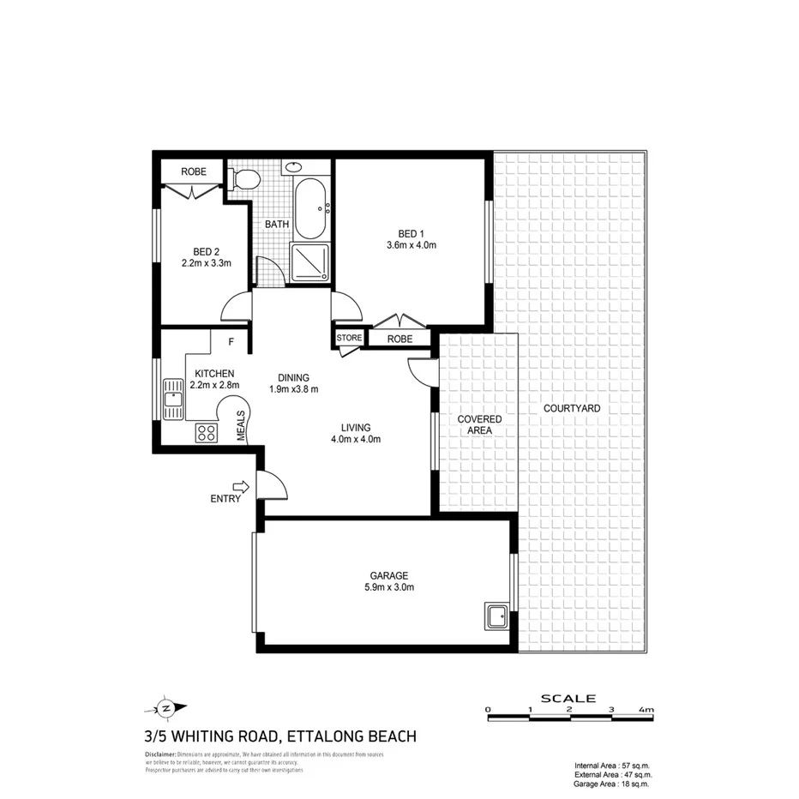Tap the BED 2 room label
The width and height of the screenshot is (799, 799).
pyautogui.click(x=207, y=252)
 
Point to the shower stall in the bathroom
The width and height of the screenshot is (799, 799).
pyautogui.click(x=309, y=261)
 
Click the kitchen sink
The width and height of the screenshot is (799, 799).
pyautogui.click(x=174, y=399)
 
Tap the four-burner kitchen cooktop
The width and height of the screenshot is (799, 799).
pyautogui.click(x=207, y=433)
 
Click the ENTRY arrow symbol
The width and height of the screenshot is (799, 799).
pyautogui.click(x=240, y=487)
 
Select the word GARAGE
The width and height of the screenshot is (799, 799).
pyautogui.click(x=389, y=575)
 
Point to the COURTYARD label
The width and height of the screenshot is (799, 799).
pyautogui.click(x=572, y=408)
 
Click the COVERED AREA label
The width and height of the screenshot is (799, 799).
pyautogui.click(x=479, y=424)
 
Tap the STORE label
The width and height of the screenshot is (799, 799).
pyautogui.click(x=350, y=338)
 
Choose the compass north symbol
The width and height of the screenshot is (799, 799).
pyautogui.click(x=166, y=708)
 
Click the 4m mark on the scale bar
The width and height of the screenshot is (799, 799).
pyautogui.click(x=645, y=710)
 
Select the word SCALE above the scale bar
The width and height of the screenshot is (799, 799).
pyautogui.click(x=568, y=698)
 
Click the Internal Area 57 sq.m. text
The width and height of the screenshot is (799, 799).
pyautogui.click(x=612, y=765)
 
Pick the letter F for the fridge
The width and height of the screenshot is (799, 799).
pyautogui.click(x=231, y=342)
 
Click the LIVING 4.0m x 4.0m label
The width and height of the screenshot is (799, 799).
pyautogui.click(x=355, y=433)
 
